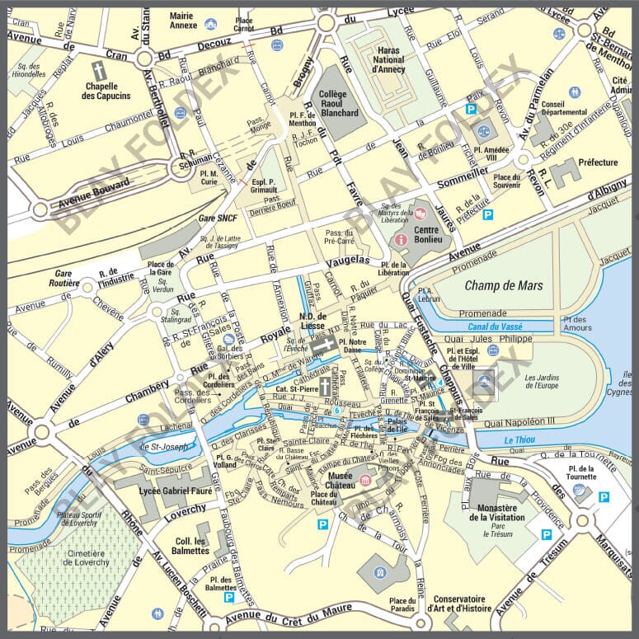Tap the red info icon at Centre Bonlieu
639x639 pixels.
(402, 239)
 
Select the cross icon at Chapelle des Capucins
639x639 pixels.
(99, 69)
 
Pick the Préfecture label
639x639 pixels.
(598, 162)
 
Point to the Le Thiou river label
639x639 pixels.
(519, 439)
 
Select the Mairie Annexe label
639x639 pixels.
(182, 20)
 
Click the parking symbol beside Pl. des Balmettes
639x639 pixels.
(229, 596)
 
